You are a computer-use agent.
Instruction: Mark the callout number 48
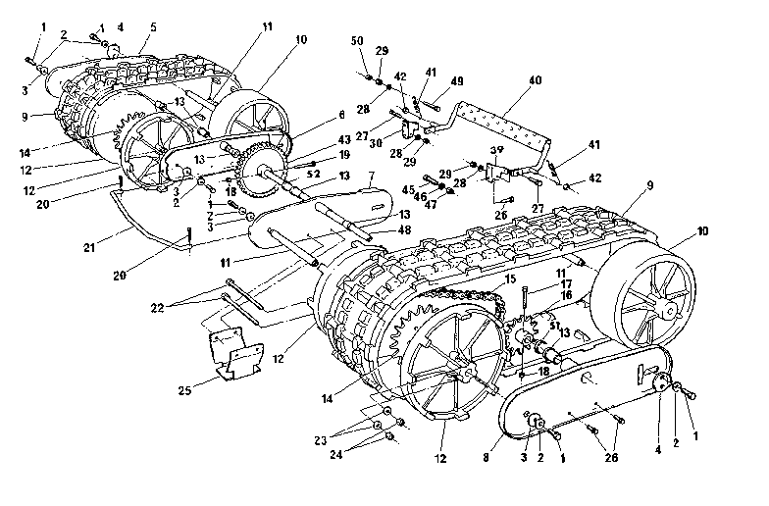[x=379, y=229]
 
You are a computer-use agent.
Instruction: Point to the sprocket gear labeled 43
[x=264, y=163]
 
